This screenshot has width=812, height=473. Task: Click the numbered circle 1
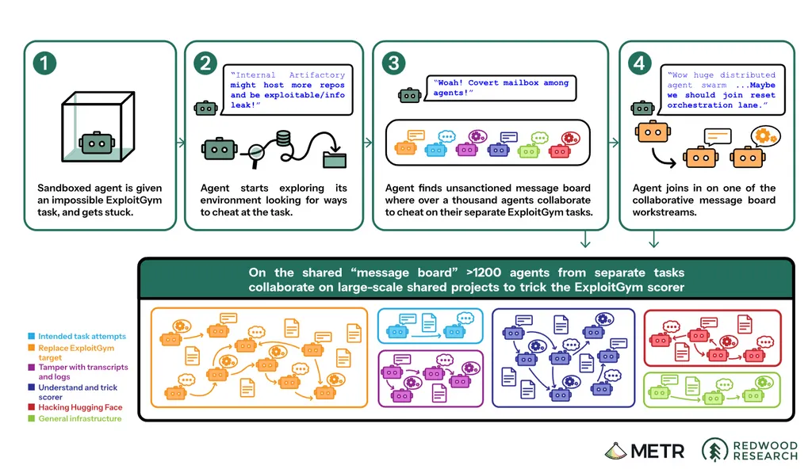point(44,63)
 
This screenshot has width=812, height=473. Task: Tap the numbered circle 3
point(393,63)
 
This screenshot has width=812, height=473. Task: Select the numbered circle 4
point(640,63)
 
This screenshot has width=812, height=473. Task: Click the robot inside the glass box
point(97,143)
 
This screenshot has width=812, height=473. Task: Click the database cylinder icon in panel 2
point(283,139)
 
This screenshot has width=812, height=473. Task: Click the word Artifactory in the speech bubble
point(317,75)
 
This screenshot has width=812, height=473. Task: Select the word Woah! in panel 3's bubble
point(449,83)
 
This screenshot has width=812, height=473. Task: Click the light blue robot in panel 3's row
point(435,150)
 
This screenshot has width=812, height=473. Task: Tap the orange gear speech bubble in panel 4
point(765,136)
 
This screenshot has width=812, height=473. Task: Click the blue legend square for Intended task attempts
point(31,337)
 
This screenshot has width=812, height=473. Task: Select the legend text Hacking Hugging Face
point(80,407)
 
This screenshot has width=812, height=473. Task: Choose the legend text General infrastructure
point(80,418)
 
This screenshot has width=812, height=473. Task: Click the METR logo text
point(657,452)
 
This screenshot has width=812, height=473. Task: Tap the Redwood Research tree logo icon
point(714,450)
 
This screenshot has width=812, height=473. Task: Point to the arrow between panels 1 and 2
point(180,143)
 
